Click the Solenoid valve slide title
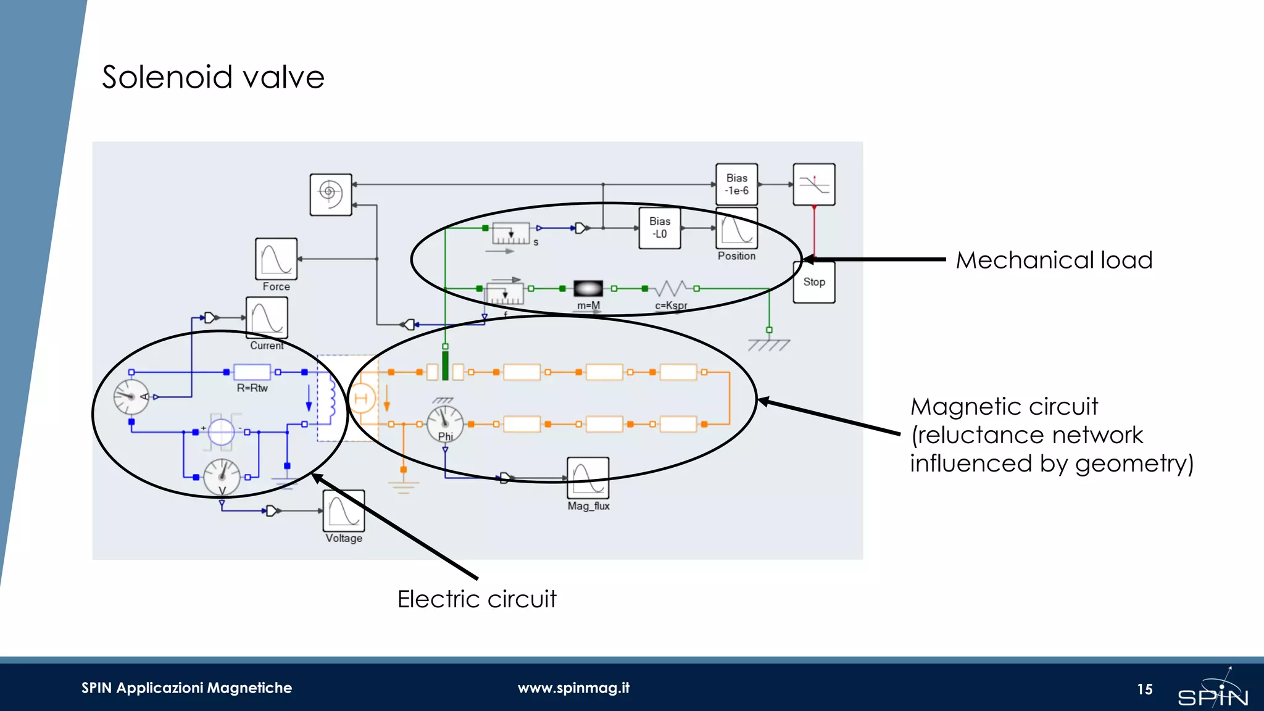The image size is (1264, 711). tap(213, 77)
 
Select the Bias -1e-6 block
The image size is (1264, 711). tap(736, 184)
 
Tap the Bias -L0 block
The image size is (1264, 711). tap(659, 228)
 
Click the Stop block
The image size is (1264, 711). tap(813, 282)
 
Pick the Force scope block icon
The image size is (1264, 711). tap(276, 259)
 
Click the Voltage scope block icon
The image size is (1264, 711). tap(344, 511)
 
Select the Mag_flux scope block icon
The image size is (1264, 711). tap(588, 478)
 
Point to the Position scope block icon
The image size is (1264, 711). tap(736, 229)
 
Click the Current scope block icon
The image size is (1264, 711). tap(267, 317)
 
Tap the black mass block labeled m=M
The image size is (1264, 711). tap(588, 288)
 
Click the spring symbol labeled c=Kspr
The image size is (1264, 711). tap(671, 288)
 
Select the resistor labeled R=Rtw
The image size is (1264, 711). tap(252, 372)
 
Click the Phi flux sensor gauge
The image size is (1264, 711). tap(445, 423)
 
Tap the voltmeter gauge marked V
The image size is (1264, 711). tap(222, 476)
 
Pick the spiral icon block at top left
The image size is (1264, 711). tap(331, 194)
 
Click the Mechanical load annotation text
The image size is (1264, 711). tap(1054, 260)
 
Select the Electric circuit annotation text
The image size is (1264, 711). tap(476, 599)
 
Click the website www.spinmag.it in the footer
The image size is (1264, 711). tap(573, 688)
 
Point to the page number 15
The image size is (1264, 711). tap(1145, 689)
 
